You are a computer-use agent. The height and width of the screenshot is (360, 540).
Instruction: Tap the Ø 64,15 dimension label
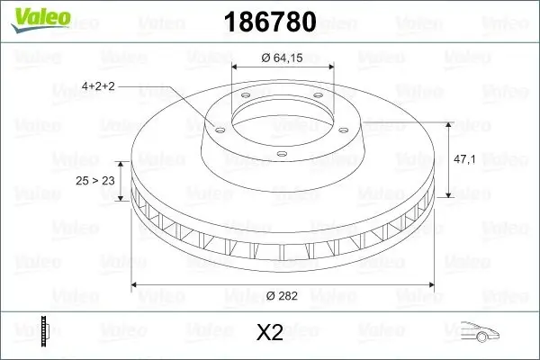(x=283, y=59)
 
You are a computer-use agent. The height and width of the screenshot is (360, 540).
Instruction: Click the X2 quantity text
(x=269, y=333)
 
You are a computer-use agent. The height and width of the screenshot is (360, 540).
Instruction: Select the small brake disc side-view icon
(x=45, y=331)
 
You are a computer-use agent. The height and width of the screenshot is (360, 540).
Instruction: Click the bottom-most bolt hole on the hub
(x=282, y=154)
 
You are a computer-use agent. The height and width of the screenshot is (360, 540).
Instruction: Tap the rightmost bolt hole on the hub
(x=349, y=127)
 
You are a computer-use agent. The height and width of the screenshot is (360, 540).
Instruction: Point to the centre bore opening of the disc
(x=283, y=113)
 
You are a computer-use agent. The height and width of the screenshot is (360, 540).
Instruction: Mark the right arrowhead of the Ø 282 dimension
(x=431, y=286)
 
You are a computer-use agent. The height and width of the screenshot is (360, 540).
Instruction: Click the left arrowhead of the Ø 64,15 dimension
(x=237, y=67)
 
